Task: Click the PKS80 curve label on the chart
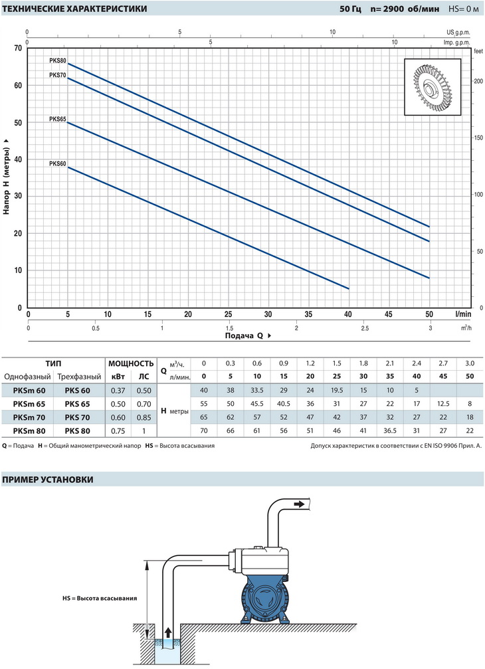[58, 60]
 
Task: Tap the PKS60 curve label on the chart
[58, 163]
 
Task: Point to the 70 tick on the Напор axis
[17, 48]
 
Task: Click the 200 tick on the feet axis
[477, 81]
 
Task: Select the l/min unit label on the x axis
[464, 314]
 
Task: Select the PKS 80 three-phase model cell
[78, 430]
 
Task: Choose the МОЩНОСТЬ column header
[130, 364]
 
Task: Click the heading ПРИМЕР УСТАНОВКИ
[47, 480]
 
